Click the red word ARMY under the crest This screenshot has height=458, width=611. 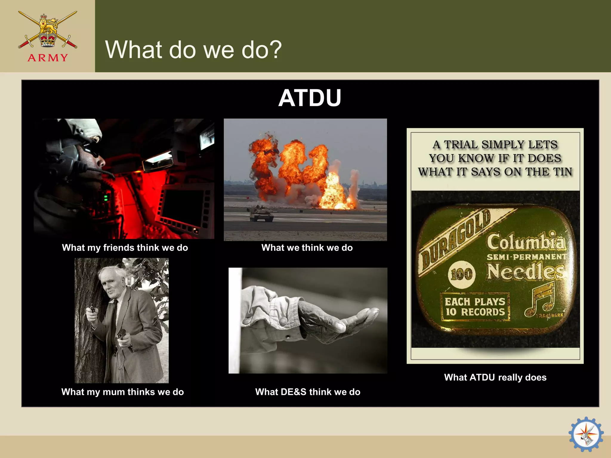pos(48,58)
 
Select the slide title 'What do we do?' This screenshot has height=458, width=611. pos(193,49)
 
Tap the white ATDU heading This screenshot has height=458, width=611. pos(310,98)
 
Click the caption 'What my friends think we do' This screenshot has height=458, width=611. pos(125,247)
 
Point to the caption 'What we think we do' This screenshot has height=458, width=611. pos(307,247)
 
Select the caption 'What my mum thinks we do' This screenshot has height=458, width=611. pos(123,392)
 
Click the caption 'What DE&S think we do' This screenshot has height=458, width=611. pos(308,392)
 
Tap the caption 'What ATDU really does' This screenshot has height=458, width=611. pos(495,377)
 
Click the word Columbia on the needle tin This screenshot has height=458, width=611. pos(526,242)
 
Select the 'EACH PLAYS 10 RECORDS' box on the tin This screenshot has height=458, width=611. pos(475,307)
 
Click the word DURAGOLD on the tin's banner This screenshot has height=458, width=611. pos(455,239)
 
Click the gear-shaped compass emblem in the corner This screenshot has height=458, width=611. pos(586,434)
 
